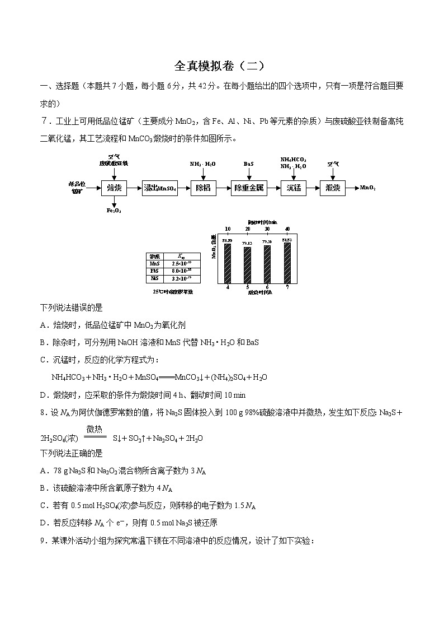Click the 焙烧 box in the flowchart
point(114,188)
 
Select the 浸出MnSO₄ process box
point(160,188)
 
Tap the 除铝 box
point(202,188)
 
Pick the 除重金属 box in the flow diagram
point(249,188)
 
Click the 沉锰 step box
point(294,188)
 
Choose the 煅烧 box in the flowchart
point(333,188)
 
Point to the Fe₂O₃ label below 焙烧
point(114,211)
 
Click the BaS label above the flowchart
point(249,164)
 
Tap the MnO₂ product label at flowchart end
point(367,188)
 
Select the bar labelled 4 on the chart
point(228,264)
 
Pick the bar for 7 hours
point(287,263)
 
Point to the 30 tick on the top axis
point(267,229)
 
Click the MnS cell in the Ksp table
point(154,263)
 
